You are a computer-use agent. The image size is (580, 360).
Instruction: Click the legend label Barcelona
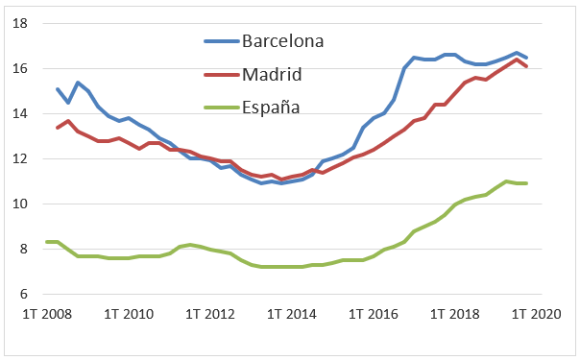point(282,41)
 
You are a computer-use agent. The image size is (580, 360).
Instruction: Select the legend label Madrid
point(272,74)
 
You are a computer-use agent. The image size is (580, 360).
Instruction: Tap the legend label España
point(271,107)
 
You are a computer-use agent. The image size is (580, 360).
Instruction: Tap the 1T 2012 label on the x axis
point(210,314)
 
